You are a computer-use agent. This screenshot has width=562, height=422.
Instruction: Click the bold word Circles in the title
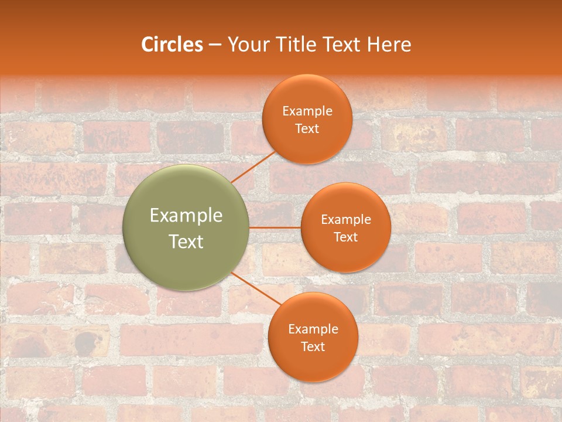[172, 45]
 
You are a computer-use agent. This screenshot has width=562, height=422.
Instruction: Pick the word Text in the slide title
[343, 45]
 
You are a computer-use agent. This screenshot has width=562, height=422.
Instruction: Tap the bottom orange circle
[313, 363]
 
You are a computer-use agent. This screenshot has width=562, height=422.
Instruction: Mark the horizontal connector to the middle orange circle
[275, 227]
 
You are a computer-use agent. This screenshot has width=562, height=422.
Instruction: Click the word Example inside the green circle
[186, 216]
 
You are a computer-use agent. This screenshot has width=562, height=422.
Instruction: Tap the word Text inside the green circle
[186, 241]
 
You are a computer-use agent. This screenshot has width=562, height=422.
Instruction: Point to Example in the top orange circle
[307, 111]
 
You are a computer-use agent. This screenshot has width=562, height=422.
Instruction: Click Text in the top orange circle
[307, 129]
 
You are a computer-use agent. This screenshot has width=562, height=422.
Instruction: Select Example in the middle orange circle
[345, 220]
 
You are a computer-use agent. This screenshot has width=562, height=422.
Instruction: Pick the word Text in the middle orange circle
[345, 237]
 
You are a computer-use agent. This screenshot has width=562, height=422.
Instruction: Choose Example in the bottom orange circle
[313, 329]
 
